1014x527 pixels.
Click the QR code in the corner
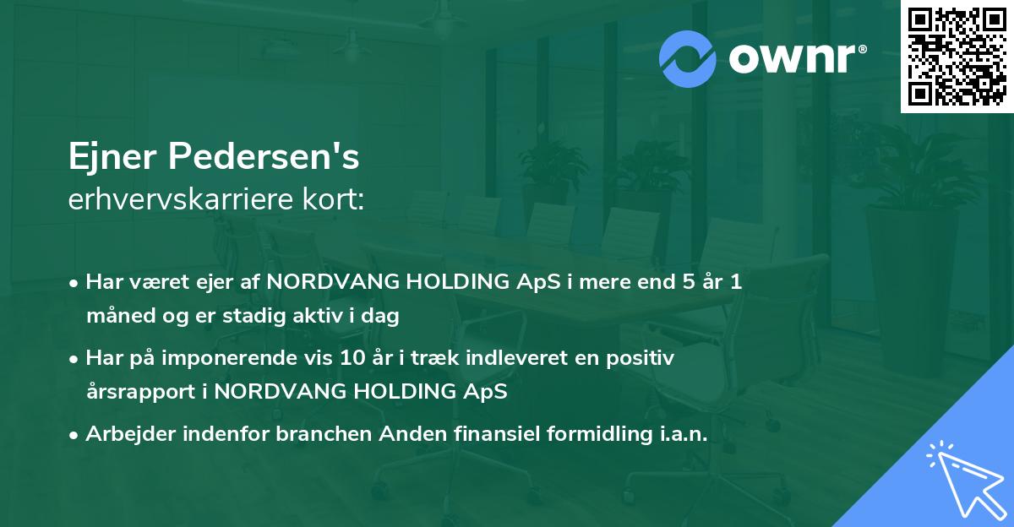coord(957,57)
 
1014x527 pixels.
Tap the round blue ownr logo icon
coord(689,58)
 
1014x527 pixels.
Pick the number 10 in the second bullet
coord(348,359)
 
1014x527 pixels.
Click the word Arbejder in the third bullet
coord(124,435)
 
